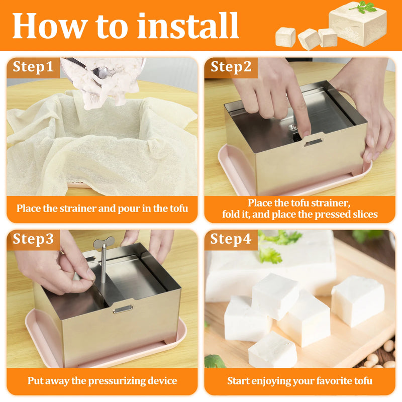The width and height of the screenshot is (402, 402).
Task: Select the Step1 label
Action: tap(33, 67)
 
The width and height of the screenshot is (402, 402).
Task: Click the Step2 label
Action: tap(231, 67)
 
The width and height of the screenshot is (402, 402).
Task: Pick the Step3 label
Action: tap(33, 239)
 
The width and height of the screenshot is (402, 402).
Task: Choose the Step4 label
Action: tap(231, 239)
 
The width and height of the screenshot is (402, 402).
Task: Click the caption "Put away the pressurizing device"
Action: tap(102, 381)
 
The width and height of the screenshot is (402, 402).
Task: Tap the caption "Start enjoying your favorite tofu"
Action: tap(299, 381)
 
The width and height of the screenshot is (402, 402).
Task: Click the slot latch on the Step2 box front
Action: tap(313, 142)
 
